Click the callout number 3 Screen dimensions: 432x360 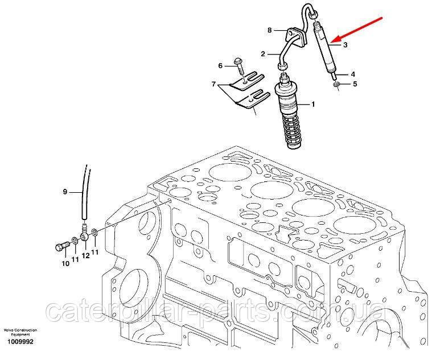345,44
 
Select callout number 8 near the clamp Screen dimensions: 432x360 270,30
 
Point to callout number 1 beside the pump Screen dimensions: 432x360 312,104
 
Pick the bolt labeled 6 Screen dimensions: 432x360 238,66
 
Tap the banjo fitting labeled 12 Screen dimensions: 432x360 84,235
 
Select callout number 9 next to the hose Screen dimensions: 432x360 65,192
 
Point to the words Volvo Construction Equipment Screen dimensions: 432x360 20,332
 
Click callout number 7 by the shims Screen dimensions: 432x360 213,84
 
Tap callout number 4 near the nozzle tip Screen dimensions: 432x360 353,75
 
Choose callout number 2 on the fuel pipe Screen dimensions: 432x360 263,54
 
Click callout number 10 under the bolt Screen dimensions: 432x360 65,264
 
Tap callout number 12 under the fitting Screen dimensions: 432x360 86,256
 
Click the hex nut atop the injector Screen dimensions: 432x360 314,15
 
